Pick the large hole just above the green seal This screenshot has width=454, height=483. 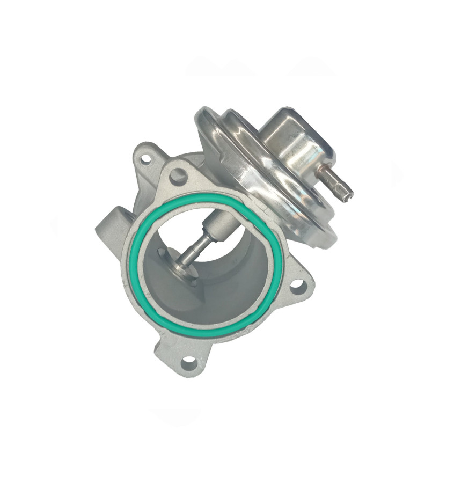[178, 176]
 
